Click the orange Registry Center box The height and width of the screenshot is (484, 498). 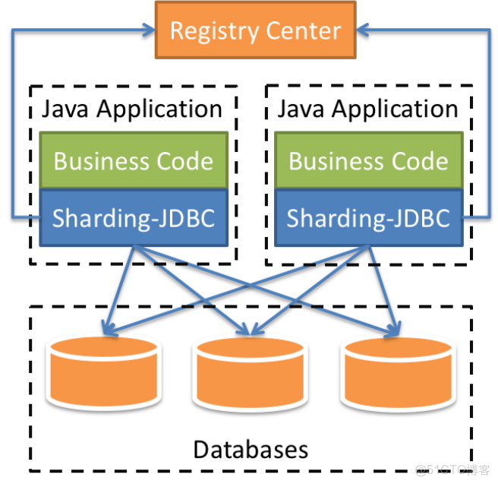(x=255, y=30)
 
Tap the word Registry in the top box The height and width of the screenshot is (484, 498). (x=205, y=31)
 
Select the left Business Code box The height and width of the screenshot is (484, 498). (x=134, y=161)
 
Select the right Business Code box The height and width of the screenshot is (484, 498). (x=368, y=161)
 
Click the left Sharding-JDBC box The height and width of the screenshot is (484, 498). (x=134, y=218)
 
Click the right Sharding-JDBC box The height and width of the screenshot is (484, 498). (x=368, y=218)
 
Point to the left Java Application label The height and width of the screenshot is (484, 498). (x=131, y=109)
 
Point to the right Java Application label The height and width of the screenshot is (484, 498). (x=367, y=109)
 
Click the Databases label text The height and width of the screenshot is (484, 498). (x=251, y=448)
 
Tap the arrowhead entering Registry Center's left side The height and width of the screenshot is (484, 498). (x=148, y=30)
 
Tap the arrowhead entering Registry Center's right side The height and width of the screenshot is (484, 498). (x=362, y=30)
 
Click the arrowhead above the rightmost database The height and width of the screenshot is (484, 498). (x=393, y=331)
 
